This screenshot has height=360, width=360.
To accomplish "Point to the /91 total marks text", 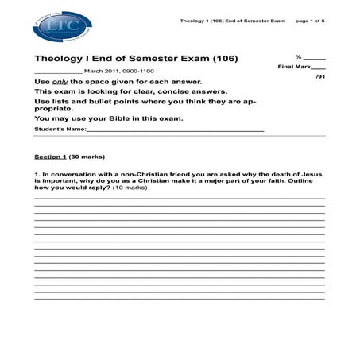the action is click(x=319, y=78).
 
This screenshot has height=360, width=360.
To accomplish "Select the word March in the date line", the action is click(x=93, y=71).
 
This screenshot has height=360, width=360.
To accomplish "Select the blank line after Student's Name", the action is click(x=175, y=130).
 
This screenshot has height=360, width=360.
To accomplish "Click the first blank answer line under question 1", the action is click(x=179, y=198).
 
